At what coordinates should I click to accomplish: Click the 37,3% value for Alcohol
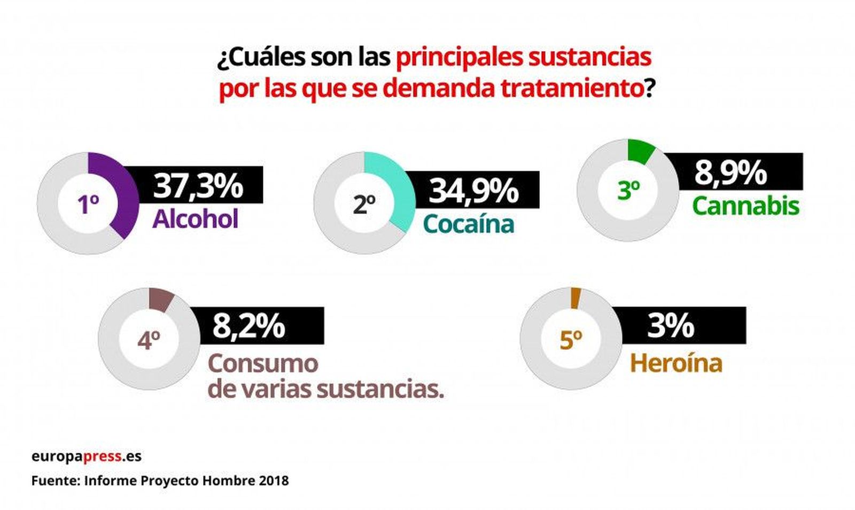pyautogui.click(x=198, y=185)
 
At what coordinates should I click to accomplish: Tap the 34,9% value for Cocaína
pyautogui.click(x=473, y=190)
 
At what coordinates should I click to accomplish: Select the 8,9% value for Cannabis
pyautogui.click(x=730, y=172)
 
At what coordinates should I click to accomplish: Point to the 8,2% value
pyautogui.click(x=249, y=325)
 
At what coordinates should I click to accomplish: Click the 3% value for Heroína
pyautogui.click(x=671, y=325)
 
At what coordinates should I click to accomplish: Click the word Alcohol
pyautogui.click(x=196, y=219)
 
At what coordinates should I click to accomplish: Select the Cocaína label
pyautogui.click(x=468, y=224)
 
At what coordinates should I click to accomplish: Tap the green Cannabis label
pyautogui.click(x=745, y=206)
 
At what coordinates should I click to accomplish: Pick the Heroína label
pyautogui.click(x=676, y=363)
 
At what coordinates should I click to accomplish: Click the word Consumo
pyautogui.click(x=263, y=364)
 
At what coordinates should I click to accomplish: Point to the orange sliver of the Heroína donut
pyautogui.click(x=574, y=298)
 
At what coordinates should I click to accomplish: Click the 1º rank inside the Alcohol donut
pyautogui.click(x=88, y=204)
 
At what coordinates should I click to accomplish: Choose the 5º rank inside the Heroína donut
pyautogui.click(x=571, y=340)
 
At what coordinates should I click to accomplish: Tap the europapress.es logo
pyautogui.click(x=86, y=457)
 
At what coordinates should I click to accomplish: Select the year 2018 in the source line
pyautogui.click(x=274, y=481)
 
